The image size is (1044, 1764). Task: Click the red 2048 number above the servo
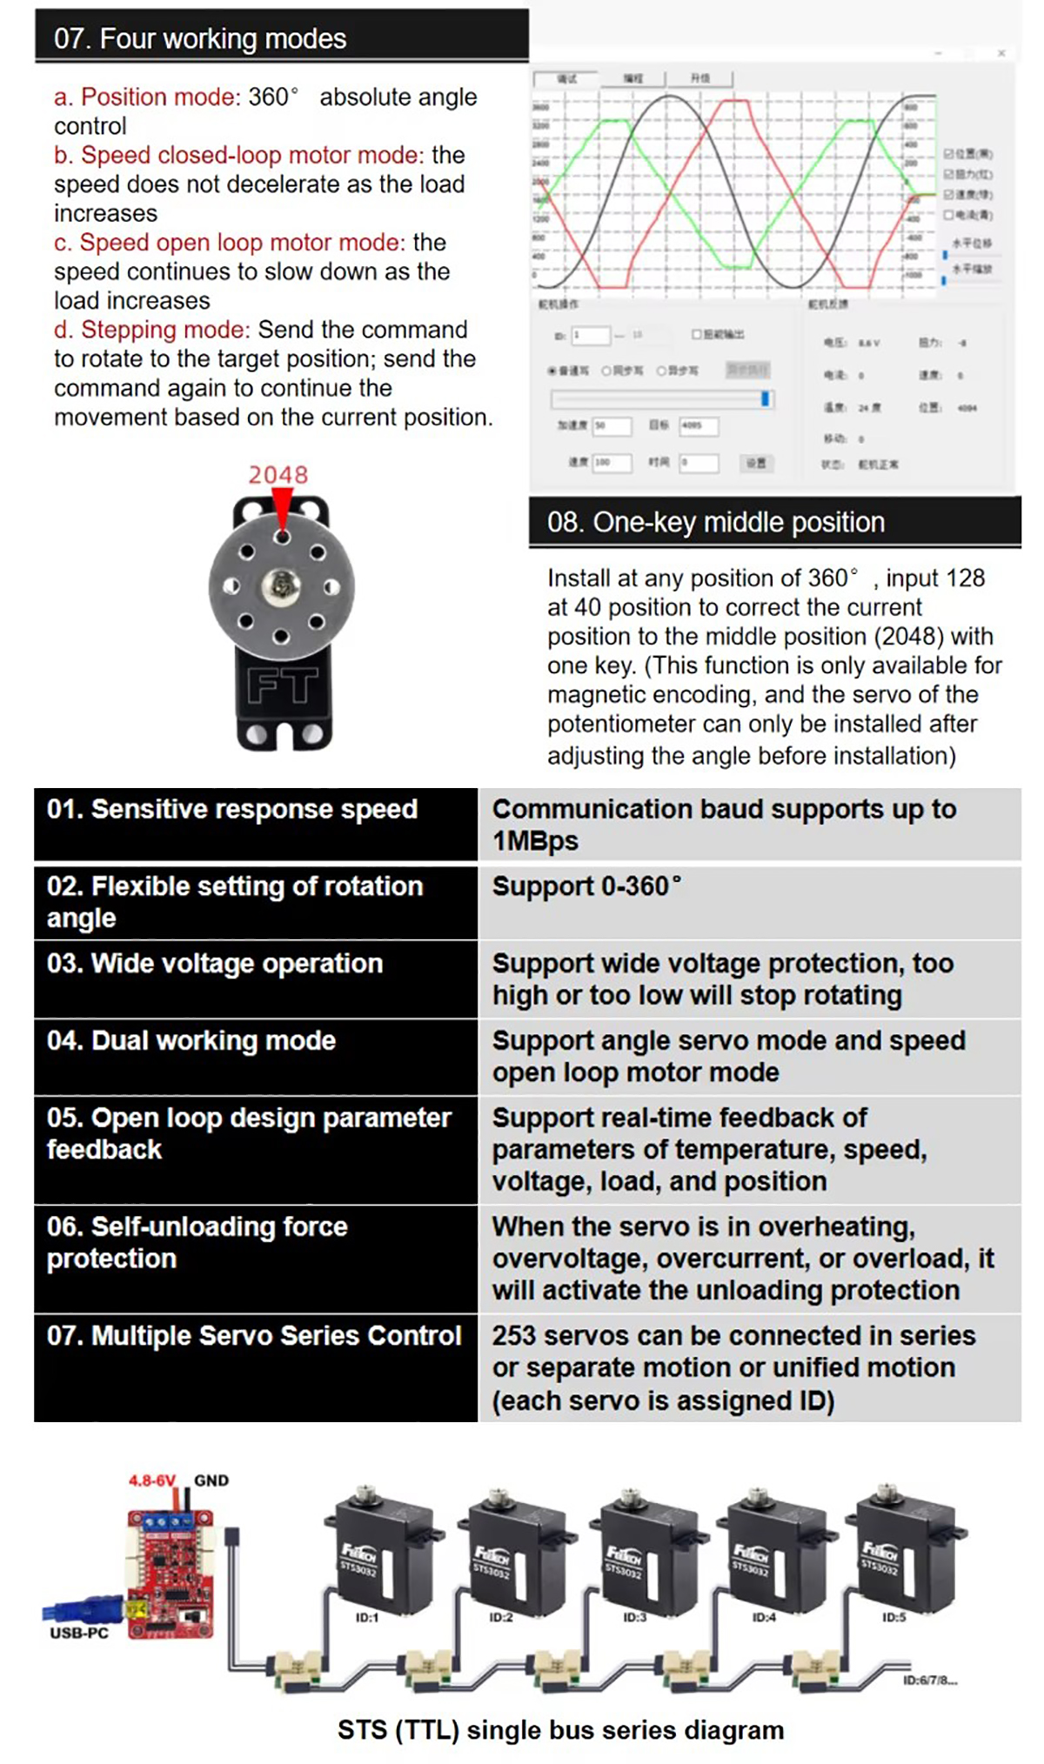click(278, 475)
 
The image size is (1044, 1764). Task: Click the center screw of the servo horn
click(281, 586)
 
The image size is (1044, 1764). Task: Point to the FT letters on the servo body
click(282, 685)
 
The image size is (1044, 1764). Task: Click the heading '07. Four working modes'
click(200, 39)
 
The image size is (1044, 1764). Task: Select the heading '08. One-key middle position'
click(715, 522)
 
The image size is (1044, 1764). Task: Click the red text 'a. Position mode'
click(146, 97)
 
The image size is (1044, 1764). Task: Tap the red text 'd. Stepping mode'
click(151, 331)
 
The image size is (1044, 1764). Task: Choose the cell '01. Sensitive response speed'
click(232, 810)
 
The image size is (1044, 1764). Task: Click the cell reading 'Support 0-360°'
click(586, 886)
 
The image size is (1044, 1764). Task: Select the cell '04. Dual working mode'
click(191, 1041)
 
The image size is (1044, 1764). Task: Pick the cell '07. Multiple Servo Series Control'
click(254, 1336)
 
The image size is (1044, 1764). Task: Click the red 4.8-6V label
click(152, 1480)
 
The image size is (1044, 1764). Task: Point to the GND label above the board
click(211, 1480)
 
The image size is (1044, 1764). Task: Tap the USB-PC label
click(79, 1633)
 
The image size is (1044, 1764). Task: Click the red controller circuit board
click(171, 1574)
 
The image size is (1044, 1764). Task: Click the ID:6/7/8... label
click(930, 1680)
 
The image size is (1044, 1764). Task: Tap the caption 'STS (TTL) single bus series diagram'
click(560, 1730)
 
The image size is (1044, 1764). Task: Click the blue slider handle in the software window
click(766, 398)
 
